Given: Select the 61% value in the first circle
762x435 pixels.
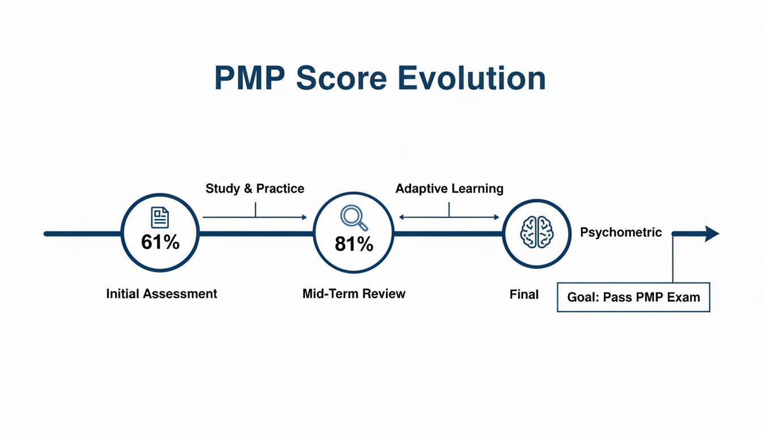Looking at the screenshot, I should (160, 242).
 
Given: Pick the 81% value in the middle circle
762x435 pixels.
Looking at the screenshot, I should (354, 244).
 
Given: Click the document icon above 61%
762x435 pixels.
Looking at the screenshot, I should (160, 217).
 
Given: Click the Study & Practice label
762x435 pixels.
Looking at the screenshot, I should (255, 189).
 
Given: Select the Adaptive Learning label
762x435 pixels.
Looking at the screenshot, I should (449, 189).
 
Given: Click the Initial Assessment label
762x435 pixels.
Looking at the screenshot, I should (162, 294).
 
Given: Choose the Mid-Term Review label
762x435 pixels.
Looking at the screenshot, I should (354, 294).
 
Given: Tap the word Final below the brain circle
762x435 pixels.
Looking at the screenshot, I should (524, 295).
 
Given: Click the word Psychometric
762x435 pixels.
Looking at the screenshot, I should (621, 232).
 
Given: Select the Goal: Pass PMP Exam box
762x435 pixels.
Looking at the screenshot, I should (633, 297).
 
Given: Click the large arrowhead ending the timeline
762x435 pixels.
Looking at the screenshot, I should (712, 233).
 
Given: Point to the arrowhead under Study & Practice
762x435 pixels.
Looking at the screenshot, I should (303, 217).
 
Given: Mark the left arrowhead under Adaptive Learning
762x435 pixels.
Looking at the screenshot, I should (401, 217).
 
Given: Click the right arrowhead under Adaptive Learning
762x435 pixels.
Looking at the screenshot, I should (496, 217).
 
